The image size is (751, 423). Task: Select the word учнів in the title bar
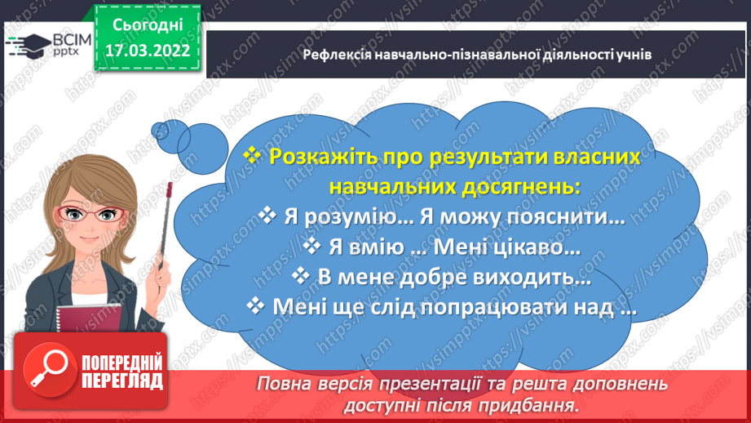coord(633,55)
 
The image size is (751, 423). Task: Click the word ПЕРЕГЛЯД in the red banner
coord(121,381)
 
